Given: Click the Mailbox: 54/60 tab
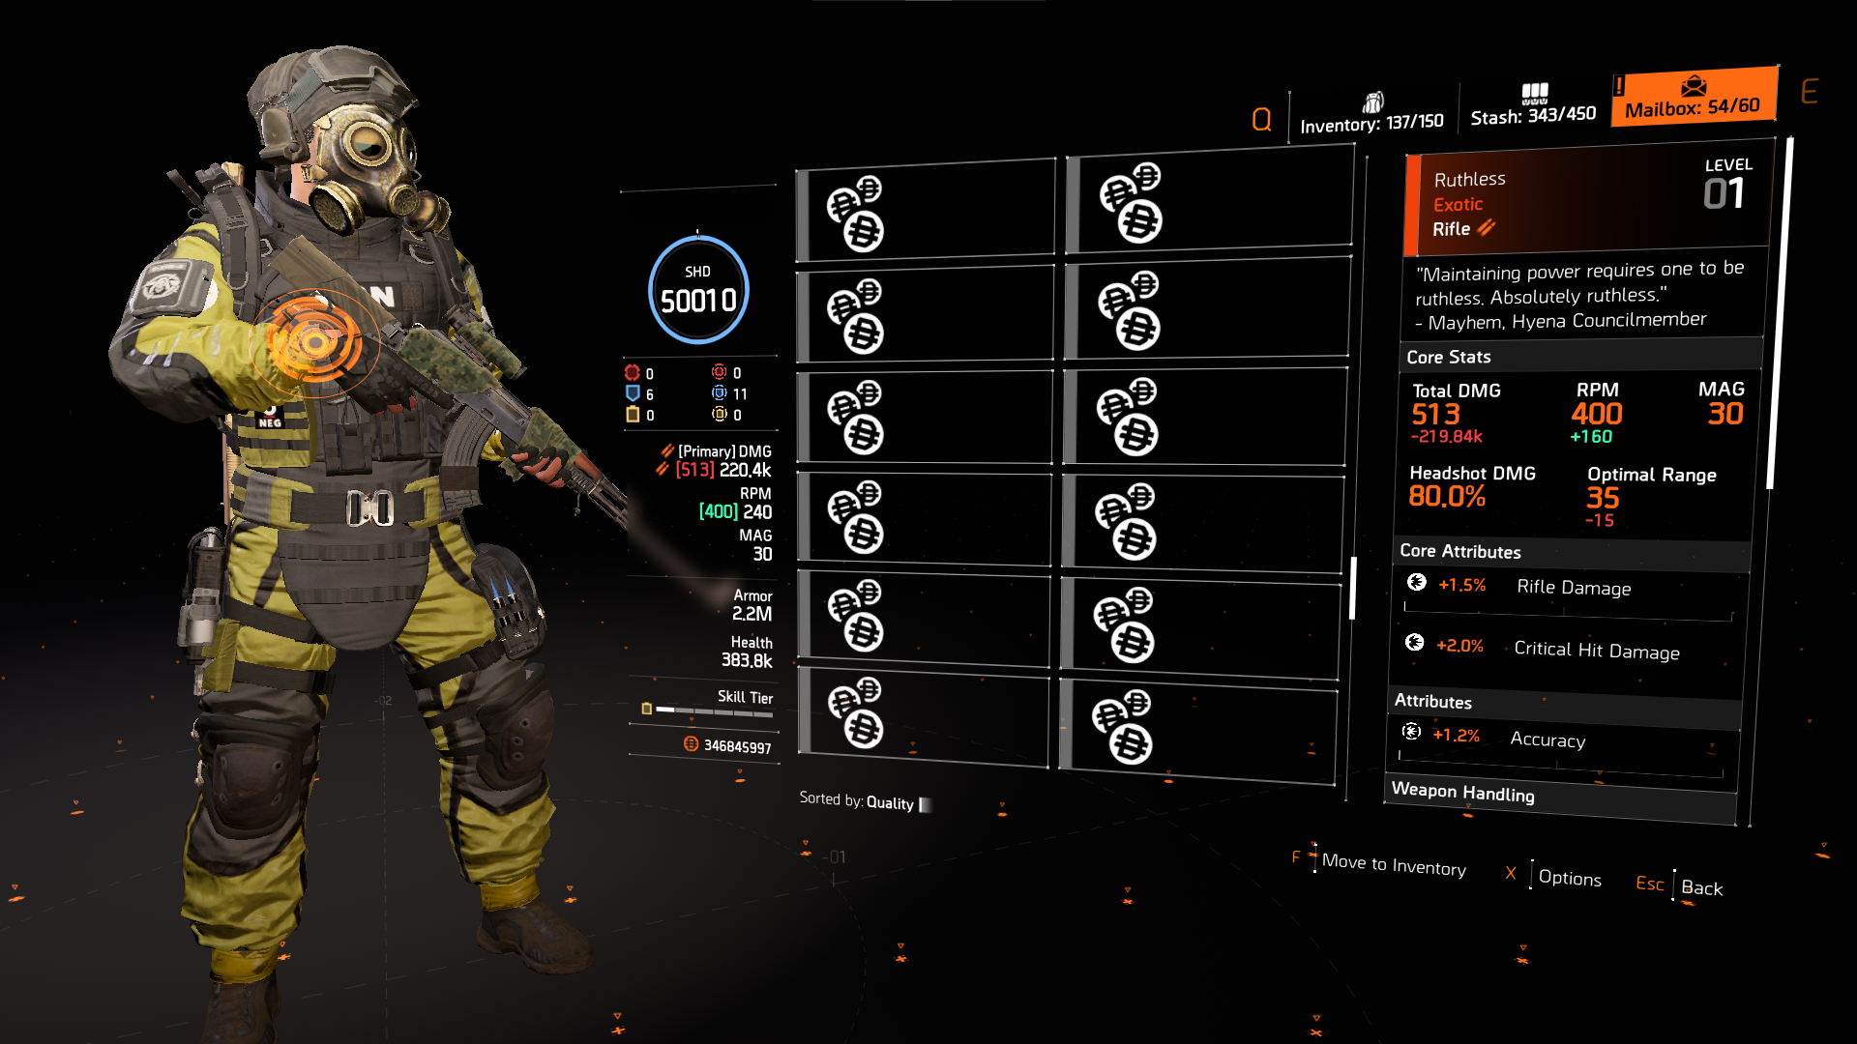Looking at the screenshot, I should [x=1693, y=98].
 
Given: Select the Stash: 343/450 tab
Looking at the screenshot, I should [x=1533, y=106].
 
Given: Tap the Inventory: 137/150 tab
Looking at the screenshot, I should [x=1371, y=115].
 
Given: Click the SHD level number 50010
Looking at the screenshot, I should [x=698, y=301].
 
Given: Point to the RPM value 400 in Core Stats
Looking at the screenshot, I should [x=1597, y=414].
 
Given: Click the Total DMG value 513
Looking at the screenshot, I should [x=1435, y=415].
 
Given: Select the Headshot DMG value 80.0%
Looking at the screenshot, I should [x=1447, y=497].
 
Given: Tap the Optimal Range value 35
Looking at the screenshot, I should [x=1603, y=498].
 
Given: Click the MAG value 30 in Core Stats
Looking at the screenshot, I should [x=1724, y=414].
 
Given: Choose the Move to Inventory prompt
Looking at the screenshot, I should [x=1393, y=864].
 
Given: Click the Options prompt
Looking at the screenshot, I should [x=1569, y=878].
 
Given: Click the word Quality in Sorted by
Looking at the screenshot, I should [x=890, y=802].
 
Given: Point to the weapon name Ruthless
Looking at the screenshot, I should [x=1469, y=179].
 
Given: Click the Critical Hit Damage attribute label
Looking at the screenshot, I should [x=1596, y=651].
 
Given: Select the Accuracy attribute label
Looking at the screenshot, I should [x=1547, y=739].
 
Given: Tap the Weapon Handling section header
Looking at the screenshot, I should [x=1462, y=793].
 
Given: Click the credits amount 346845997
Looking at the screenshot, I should [x=737, y=746].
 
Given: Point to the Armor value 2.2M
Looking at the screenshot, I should [x=752, y=614].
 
